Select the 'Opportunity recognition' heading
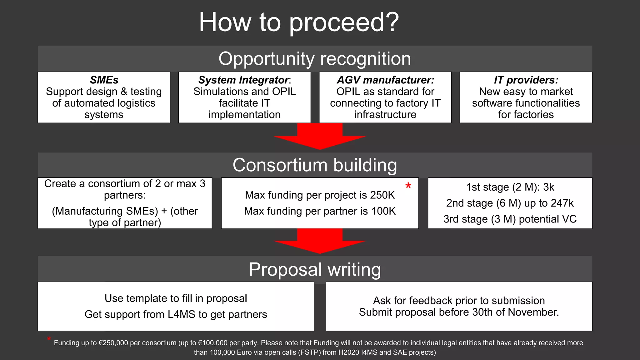[315, 59]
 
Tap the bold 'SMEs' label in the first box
[104, 80]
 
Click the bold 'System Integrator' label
[243, 80]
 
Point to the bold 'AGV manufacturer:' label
[385, 80]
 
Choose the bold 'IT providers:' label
[526, 80]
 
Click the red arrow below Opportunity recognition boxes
[320, 136]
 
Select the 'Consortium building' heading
[315, 165]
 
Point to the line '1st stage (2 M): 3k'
[510, 187]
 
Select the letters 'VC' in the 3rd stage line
[569, 219]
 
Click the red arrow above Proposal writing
[320, 241]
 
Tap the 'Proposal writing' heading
[315, 269]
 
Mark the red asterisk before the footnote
[49, 339]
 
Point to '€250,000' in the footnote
[113, 343]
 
